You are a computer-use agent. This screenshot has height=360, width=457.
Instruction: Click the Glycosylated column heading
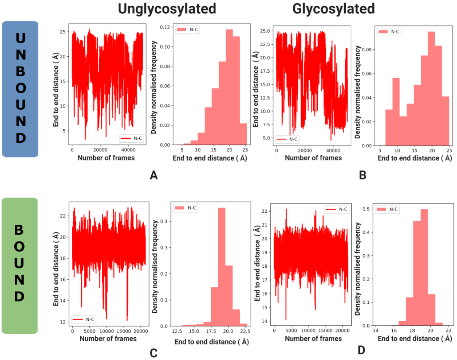click(x=334, y=9)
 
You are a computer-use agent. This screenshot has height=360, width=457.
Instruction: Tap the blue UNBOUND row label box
click(x=20, y=89)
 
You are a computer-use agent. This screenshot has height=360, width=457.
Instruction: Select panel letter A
click(x=154, y=175)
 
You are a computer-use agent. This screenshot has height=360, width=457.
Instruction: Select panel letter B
click(x=362, y=175)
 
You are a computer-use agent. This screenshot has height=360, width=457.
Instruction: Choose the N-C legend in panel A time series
click(x=131, y=138)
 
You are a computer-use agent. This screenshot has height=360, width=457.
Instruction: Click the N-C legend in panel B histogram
click(x=390, y=32)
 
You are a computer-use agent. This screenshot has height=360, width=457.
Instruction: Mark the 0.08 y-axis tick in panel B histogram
click(x=366, y=50)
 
